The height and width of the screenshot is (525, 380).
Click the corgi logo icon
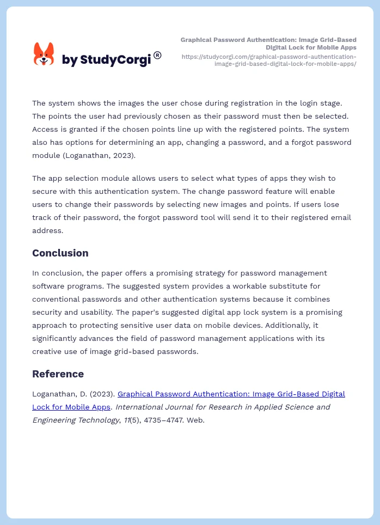point(44,54)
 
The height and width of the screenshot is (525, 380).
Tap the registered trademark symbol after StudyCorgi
point(157,55)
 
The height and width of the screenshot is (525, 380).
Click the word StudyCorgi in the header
point(115,60)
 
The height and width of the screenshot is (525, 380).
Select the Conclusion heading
point(60,253)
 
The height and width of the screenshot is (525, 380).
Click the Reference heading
point(58,374)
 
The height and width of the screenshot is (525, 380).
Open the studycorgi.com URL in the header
point(269,60)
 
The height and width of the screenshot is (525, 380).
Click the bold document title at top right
point(268,44)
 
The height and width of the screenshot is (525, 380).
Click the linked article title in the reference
point(231,394)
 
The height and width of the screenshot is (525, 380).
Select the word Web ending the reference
point(195,420)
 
